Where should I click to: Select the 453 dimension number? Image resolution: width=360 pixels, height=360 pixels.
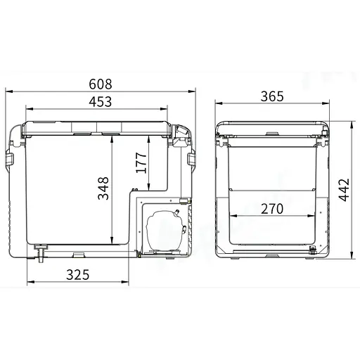[100, 102]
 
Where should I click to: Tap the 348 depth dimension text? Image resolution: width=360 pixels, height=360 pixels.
[103, 188]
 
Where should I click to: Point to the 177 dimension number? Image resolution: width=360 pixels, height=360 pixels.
[140, 163]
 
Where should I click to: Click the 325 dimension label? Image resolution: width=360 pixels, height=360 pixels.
[79, 274]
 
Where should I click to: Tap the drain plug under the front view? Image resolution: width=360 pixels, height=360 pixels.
[41, 250]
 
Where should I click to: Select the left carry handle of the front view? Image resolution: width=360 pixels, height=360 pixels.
[10, 160]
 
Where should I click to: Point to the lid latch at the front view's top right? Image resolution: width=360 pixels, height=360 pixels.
[181, 136]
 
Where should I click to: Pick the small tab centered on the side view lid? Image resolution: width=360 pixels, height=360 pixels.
[271, 132]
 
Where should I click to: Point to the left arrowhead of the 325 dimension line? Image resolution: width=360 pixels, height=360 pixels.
[29, 283]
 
